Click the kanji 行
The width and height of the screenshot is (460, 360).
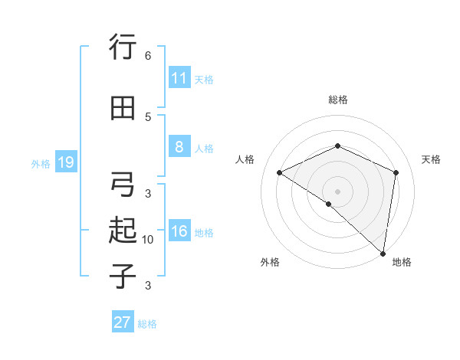point(123,48)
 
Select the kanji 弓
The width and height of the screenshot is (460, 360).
point(123,185)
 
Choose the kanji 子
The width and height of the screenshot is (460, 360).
point(123,275)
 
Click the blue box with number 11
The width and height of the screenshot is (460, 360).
point(179,77)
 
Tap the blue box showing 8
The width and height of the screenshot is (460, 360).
point(179,146)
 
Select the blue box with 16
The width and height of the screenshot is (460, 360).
point(179,231)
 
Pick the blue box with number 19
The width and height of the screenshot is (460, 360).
point(65,162)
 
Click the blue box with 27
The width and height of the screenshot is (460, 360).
point(123,322)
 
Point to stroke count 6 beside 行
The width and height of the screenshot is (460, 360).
point(148,56)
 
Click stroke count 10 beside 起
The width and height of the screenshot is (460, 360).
point(148,240)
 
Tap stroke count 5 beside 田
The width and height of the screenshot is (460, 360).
point(148,116)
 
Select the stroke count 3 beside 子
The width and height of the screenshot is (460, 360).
point(148,286)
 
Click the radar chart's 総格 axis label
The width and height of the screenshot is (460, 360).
point(338,100)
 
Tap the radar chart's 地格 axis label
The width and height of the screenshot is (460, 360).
point(402,262)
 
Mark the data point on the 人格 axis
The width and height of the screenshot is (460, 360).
point(280,172)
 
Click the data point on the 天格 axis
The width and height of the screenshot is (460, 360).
point(396,172)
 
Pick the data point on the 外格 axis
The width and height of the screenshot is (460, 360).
point(329,204)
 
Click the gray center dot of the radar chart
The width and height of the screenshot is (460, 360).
point(337,191)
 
